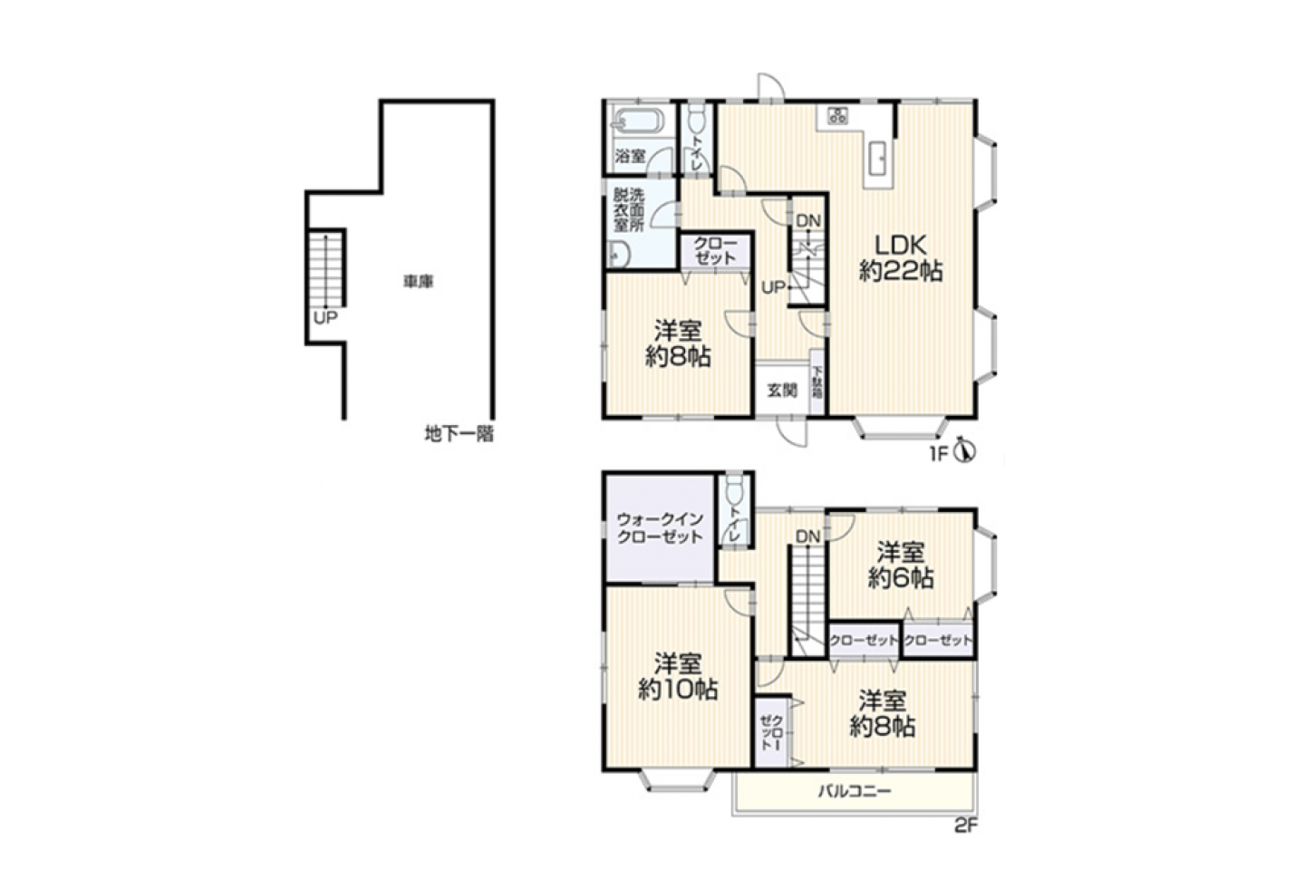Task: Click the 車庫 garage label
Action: point(419,282)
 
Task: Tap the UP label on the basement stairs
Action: point(325,317)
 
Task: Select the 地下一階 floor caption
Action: point(459,433)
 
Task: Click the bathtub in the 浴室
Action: point(639,123)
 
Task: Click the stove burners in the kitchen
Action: point(837,115)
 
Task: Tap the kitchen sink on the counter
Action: point(878,159)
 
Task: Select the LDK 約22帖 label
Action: point(901,258)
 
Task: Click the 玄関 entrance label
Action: point(781,390)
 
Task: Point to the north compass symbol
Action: point(966,451)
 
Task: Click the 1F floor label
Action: point(939,453)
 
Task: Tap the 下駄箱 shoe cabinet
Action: point(817,382)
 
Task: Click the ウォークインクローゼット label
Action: point(660,528)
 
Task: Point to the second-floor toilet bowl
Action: point(734,491)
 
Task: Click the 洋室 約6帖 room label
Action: point(901,565)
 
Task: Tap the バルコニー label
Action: point(855,791)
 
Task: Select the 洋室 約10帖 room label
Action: point(678,677)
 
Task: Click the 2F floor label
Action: point(966,826)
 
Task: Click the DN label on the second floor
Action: point(807,536)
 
